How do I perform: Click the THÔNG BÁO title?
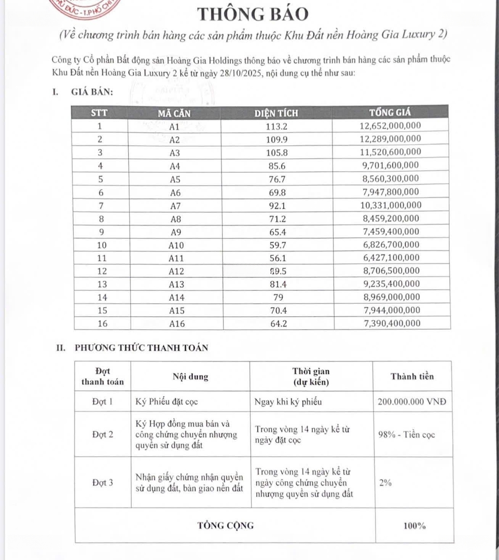(252, 14)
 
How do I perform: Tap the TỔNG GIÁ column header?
(390, 113)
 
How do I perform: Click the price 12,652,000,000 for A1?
(390, 126)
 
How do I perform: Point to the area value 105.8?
(276, 152)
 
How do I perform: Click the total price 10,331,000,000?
(390, 205)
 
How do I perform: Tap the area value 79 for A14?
(276, 298)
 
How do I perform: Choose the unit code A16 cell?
(175, 324)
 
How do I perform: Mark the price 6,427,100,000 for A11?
(390, 258)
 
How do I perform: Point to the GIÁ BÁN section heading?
(92, 93)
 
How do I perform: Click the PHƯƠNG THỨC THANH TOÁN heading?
(141, 348)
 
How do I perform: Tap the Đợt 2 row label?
(103, 435)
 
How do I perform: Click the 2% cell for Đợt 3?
(385, 483)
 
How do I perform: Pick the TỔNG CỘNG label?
(226, 525)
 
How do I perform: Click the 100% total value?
(414, 526)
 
